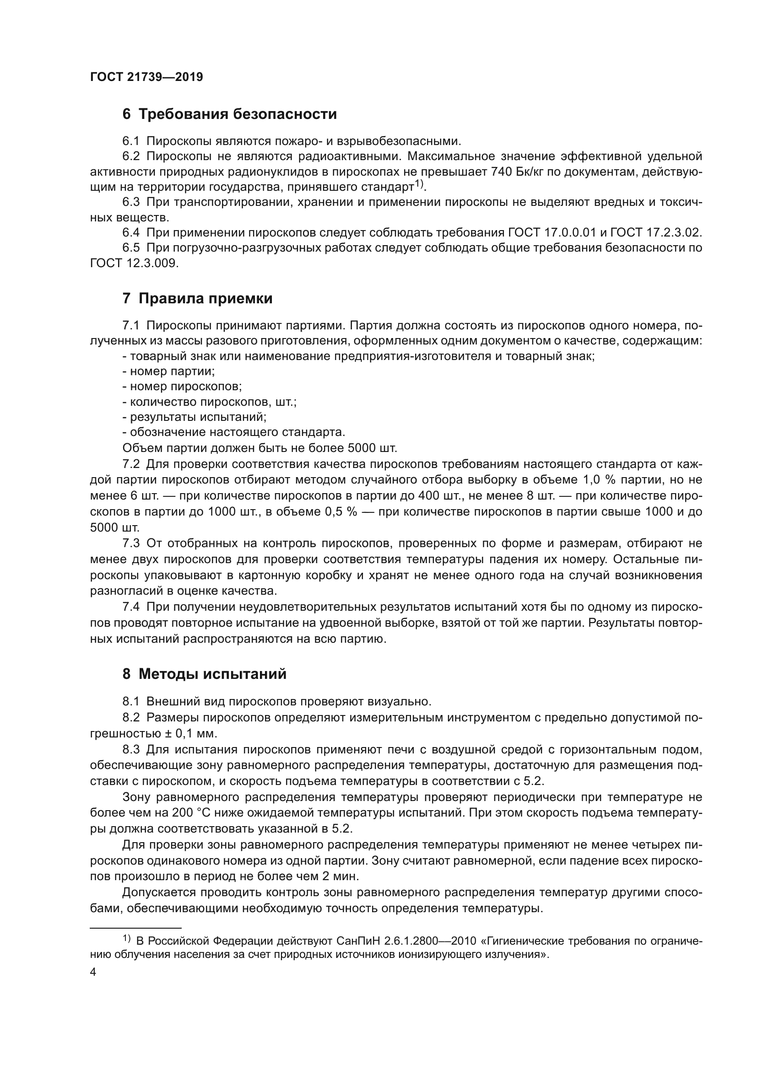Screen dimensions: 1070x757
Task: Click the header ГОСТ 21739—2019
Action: pos(146,77)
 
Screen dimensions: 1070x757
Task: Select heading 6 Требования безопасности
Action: pos(229,114)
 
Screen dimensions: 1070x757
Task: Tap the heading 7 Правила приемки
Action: pos(197,299)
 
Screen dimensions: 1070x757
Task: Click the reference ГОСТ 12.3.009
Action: pos(134,263)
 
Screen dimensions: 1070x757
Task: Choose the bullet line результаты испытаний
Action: pos(195,417)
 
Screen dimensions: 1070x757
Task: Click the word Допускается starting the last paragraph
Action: pos(158,893)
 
